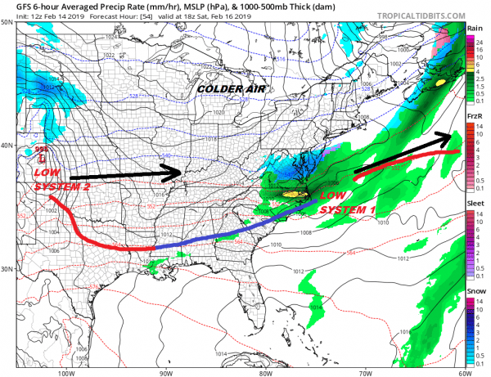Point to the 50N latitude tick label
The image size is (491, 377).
click(7, 24)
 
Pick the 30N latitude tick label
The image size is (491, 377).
click(7, 269)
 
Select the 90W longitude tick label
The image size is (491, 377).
click(165, 370)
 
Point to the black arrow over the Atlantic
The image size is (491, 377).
click(401, 153)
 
